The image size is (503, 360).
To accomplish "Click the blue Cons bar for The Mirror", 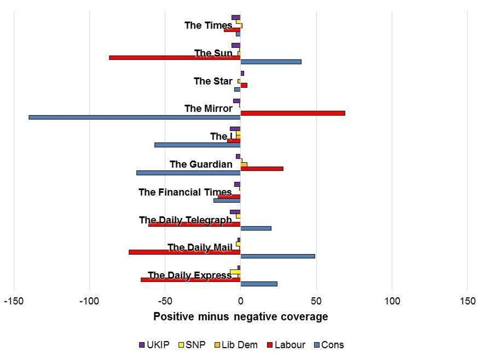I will (x=134, y=117).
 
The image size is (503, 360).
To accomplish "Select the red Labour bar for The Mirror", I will (x=293, y=112).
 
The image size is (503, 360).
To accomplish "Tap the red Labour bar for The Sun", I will (x=175, y=57).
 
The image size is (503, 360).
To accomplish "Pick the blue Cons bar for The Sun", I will (x=270, y=62).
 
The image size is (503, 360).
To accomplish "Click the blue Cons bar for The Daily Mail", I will (x=278, y=256).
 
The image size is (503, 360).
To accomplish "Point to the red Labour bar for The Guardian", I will (x=262, y=168).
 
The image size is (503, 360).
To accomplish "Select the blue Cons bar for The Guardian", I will (x=188, y=173).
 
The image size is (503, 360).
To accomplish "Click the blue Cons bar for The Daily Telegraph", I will (x=256, y=228).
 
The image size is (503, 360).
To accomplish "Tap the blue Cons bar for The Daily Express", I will (x=259, y=283).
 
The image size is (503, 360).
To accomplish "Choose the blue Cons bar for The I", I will (x=198, y=145).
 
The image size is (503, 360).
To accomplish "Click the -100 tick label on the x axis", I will (x=89, y=301).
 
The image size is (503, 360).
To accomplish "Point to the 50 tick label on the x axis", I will (x=316, y=301).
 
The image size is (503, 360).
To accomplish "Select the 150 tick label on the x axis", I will (x=468, y=301).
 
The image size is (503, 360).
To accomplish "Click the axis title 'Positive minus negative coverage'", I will (x=240, y=317).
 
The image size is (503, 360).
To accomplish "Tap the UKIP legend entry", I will (x=154, y=345).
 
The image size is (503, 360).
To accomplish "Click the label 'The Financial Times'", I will (x=185, y=192).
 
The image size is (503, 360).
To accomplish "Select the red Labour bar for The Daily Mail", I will (x=184, y=252).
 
